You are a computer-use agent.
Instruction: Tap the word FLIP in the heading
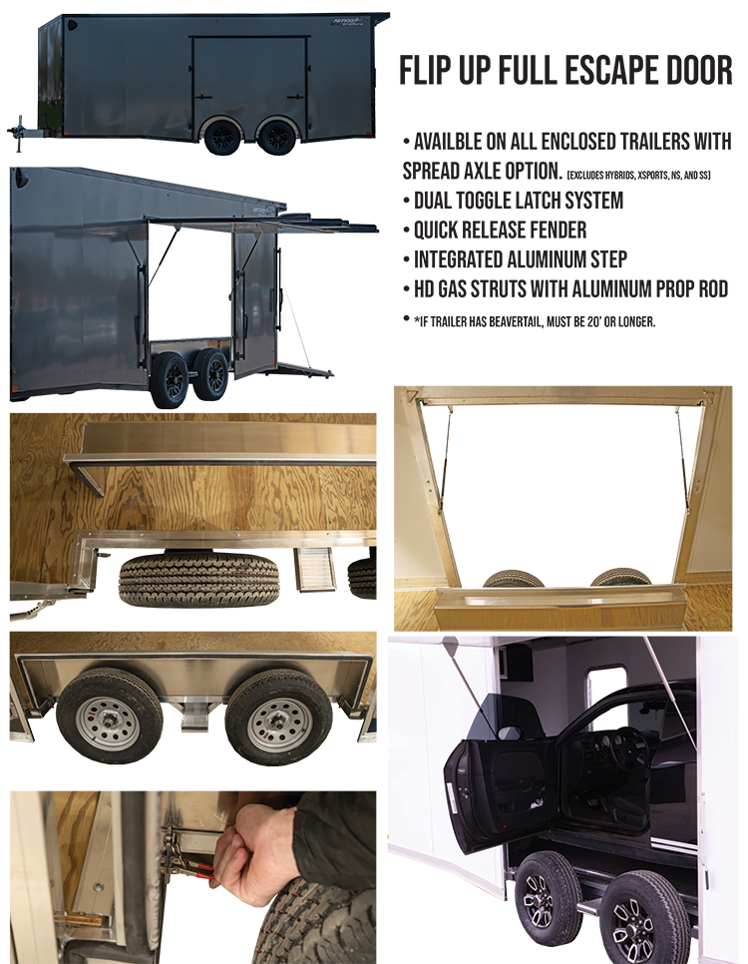426,70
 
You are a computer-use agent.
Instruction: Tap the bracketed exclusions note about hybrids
638,176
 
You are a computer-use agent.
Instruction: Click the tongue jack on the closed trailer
19,132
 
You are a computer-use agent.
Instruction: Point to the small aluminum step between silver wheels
195,717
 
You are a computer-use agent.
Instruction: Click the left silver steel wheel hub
109,723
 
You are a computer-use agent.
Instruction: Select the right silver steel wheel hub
278,724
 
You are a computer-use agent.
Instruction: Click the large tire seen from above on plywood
198,579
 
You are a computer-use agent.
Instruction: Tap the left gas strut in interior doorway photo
445,459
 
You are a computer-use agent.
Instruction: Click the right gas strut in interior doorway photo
682,459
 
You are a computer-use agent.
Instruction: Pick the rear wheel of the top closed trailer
277,136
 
